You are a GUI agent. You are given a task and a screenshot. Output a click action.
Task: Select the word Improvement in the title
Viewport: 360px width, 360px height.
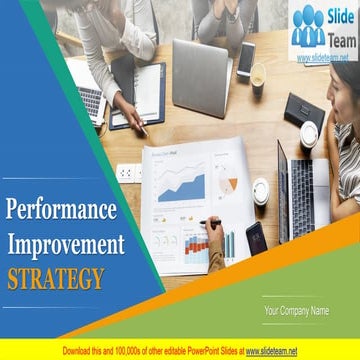pos(67,244)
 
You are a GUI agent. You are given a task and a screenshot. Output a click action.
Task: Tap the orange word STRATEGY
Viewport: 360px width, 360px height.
pos(55,277)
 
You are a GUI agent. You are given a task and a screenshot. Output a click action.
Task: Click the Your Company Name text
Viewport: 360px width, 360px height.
pos(296,311)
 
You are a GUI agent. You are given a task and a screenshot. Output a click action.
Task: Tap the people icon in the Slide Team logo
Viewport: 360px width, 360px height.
pos(309,26)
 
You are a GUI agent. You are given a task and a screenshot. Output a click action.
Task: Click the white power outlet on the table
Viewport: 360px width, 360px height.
pos(129,171)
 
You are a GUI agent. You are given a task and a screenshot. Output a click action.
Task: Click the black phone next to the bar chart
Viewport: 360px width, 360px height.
pos(256,238)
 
